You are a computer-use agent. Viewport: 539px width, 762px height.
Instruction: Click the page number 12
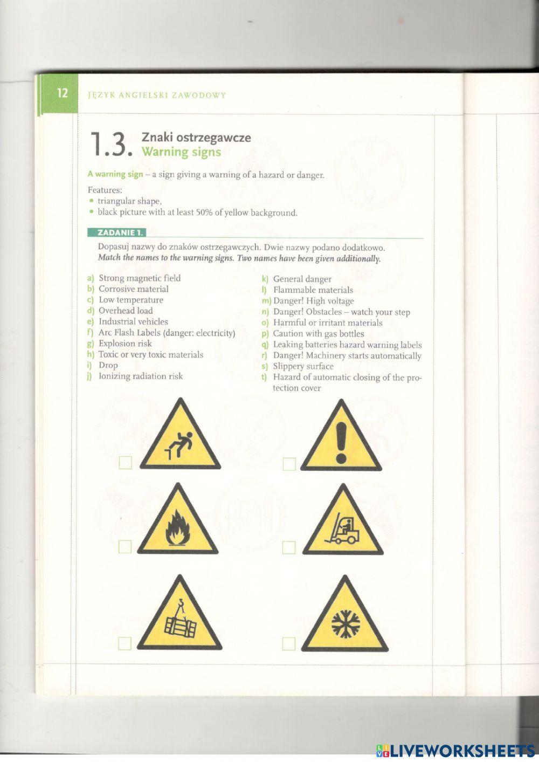(x=63, y=93)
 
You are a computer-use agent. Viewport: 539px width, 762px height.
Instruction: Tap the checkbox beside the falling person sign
(x=125, y=463)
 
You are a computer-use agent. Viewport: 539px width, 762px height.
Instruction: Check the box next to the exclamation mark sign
(x=289, y=463)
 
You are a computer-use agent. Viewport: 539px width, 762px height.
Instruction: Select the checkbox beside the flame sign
(x=125, y=547)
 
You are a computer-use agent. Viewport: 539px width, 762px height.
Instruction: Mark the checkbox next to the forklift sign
(x=289, y=547)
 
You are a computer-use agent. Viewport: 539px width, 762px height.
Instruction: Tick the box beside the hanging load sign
(x=125, y=643)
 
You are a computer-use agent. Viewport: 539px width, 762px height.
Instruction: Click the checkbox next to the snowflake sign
(x=289, y=643)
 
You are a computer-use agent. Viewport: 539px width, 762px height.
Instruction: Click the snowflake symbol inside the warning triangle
(x=344, y=624)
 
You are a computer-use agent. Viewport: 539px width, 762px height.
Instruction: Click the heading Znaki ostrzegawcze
(x=196, y=138)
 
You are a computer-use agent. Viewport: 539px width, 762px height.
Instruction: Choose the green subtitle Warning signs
(x=181, y=152)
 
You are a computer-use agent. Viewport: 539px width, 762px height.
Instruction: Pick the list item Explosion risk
(x=125, y=344)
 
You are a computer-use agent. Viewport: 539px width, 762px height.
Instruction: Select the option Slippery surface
(x=303, y=366)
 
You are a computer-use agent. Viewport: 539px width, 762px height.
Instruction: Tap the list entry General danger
(x=302, y=279)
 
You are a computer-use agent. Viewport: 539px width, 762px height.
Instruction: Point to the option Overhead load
(x=125, y=311)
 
